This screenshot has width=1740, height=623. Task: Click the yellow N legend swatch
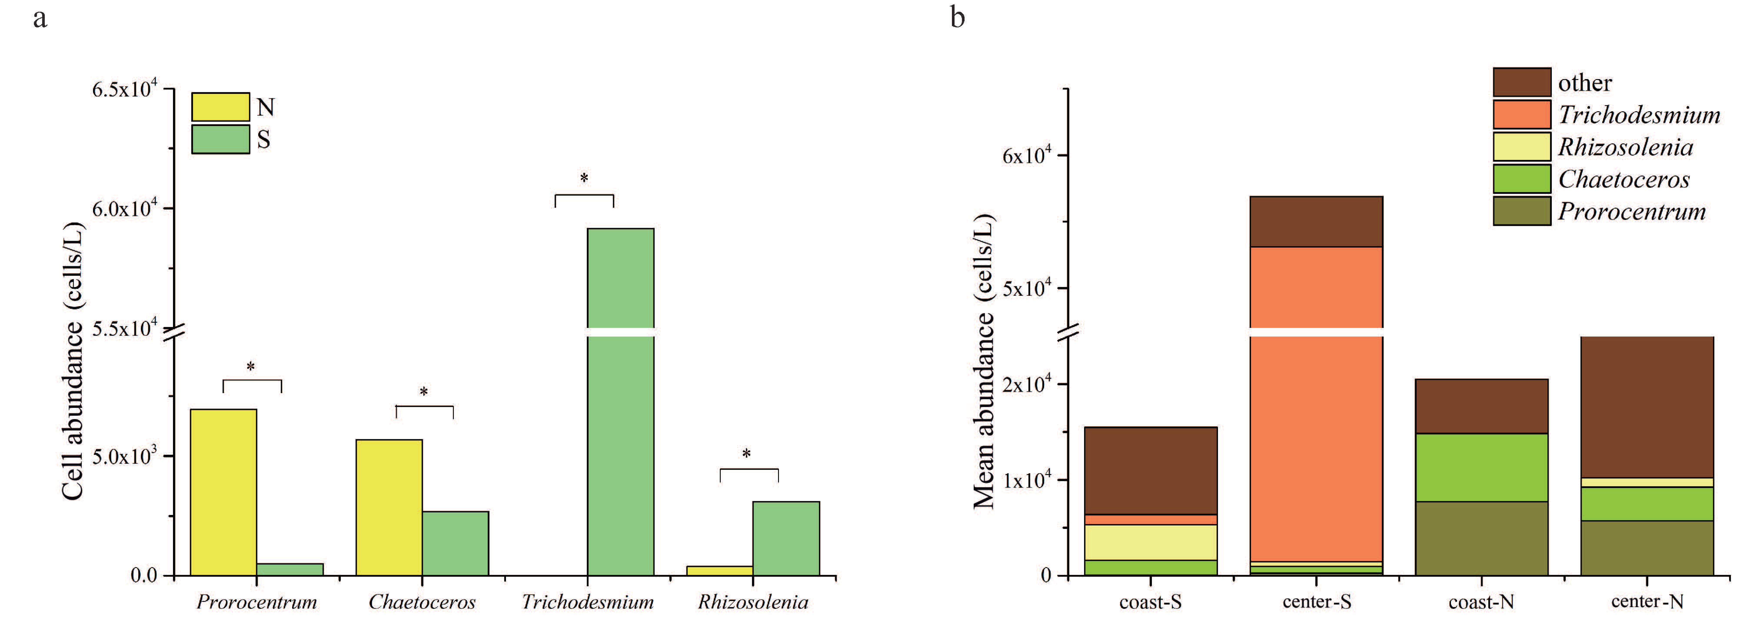pyautogui.click(x=220, y=107)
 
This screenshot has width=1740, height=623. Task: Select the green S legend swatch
pyautogui.click(x=220, y=139)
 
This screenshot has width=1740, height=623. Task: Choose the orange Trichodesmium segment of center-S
pyautogui.click(x=1316, y=446)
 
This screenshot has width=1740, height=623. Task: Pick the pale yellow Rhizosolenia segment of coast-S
pyautogui.click(x=1150, y=542)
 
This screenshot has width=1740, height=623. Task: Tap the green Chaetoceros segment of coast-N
pyautogui.click(x=1481, y=467)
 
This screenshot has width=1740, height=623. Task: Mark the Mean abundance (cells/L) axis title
pyautogui.click(x=983, y=361)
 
